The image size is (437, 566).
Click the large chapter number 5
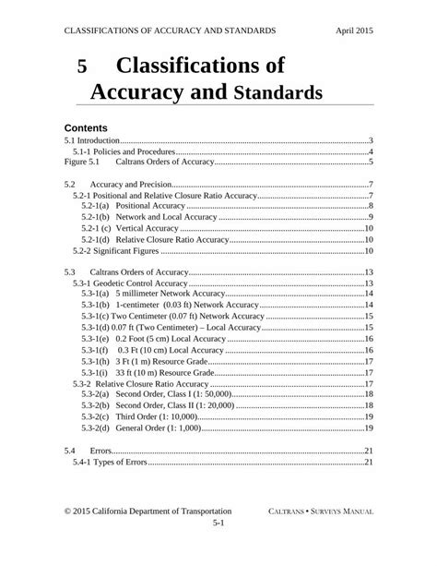pos(82,67)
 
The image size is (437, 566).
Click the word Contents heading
pos(88,126)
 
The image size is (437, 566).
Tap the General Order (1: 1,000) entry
pos(144,428)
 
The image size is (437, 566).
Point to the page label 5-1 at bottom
pos(218,523)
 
